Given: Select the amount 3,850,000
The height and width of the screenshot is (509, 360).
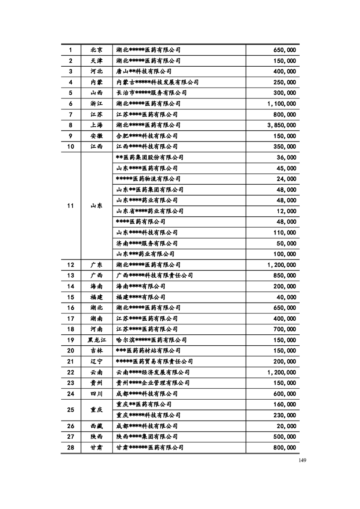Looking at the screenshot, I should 281,125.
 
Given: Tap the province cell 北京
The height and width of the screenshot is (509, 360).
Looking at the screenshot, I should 96,50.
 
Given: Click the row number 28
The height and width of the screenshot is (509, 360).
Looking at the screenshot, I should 70,447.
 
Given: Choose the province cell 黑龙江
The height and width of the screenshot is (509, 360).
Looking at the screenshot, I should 96,340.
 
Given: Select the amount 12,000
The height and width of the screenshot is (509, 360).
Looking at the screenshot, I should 286,211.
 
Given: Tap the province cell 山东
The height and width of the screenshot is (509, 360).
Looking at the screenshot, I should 96,206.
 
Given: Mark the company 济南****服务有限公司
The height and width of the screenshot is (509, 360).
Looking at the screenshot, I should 147,244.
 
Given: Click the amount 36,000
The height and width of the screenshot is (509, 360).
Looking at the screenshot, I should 286,158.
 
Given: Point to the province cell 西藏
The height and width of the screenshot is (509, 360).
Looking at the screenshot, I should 96,426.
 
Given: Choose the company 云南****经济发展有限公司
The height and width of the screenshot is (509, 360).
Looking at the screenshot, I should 153,372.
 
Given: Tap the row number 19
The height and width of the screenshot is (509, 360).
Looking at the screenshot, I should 70,340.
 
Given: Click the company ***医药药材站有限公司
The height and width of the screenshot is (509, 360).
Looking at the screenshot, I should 148,351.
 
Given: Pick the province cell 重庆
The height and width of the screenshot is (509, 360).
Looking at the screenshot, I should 96,410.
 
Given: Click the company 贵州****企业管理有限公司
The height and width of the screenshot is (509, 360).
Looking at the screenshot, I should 153,383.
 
